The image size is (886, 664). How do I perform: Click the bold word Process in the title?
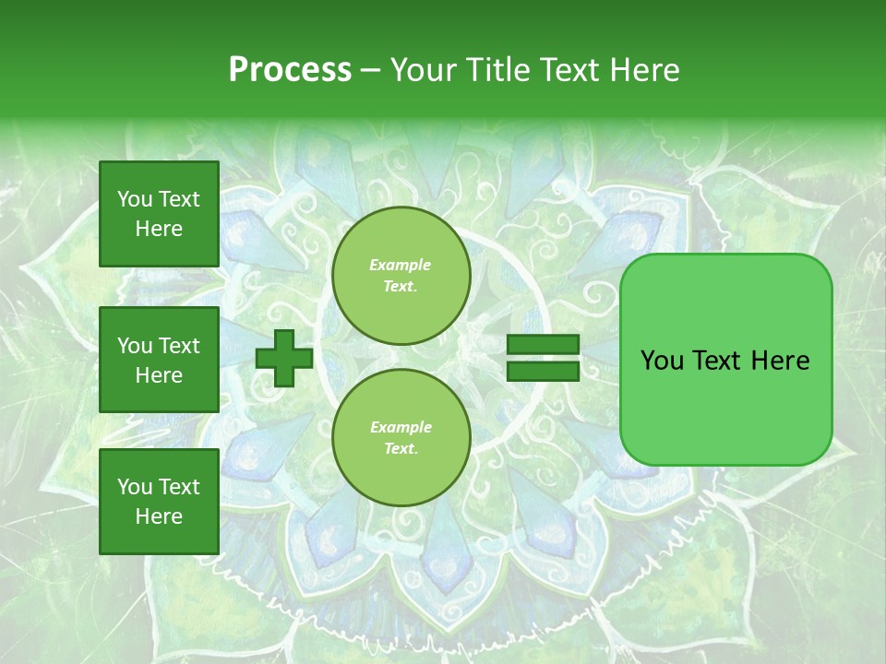[290, 69]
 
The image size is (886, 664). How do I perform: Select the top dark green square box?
[159, 214]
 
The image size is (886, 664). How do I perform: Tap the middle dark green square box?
[159, 360]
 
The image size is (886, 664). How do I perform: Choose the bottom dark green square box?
[159, 501]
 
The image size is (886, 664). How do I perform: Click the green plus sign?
[284, 359]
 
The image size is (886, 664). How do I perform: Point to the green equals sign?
[543, 358]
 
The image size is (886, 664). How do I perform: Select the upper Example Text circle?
[401, 276]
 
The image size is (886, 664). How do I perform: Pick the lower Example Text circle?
[401, 438]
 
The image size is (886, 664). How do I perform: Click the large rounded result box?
[725, 359]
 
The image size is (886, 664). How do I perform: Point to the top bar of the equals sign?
[543, 345]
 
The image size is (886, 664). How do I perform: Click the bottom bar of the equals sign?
[543, 371]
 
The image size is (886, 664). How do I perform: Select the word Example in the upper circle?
[401, 266]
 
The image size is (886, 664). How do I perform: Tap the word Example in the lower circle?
[401, 428]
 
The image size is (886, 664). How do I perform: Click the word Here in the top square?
[159, 229]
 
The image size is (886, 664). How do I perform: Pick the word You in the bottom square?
[135, 487]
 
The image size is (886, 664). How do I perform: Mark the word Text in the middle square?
[179, 346]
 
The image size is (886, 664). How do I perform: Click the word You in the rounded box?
[662, 361]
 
